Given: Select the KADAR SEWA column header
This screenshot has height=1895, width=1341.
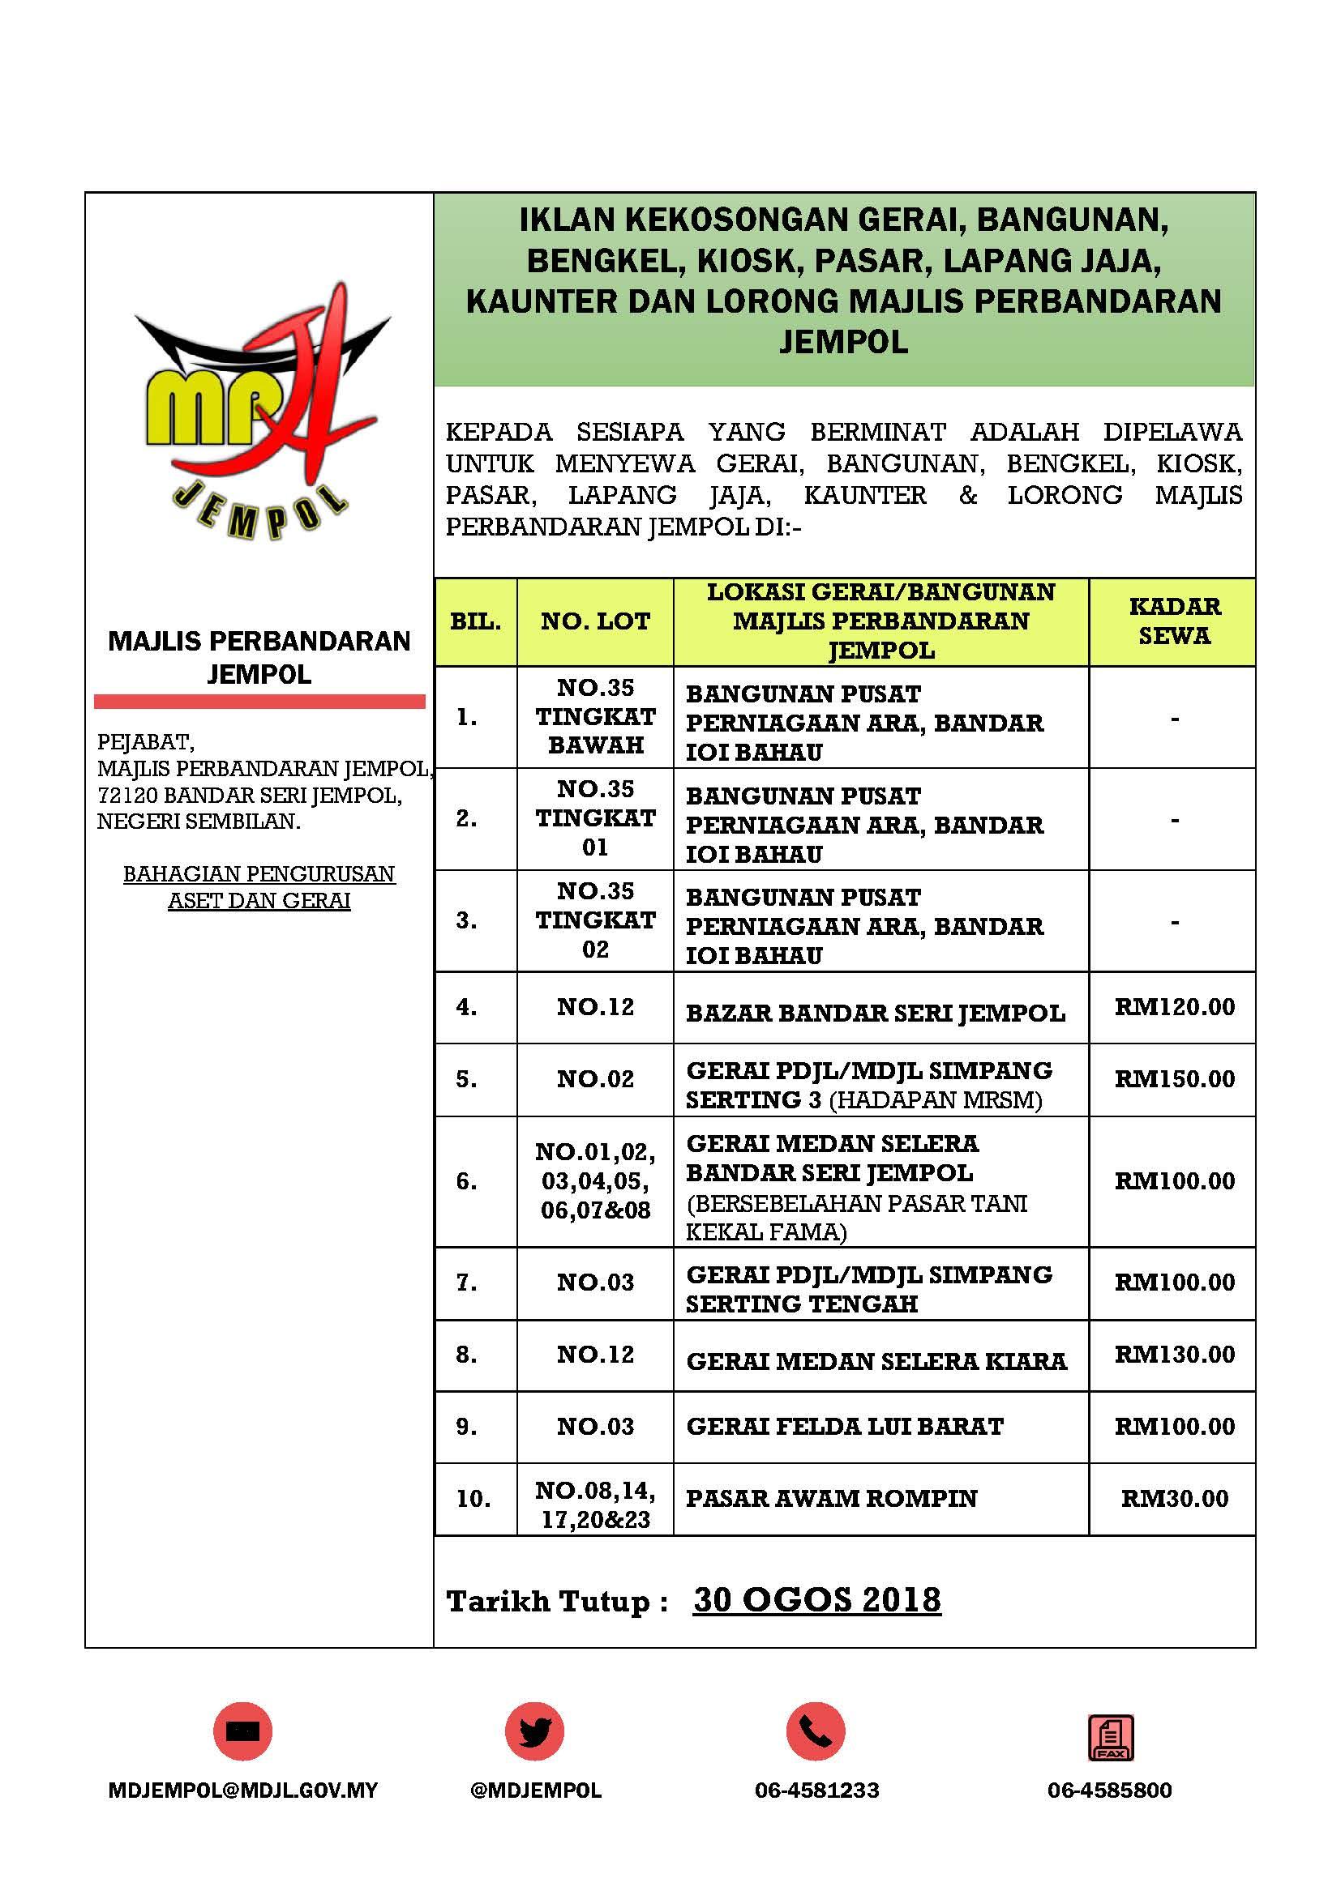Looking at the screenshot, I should tap(1173, 621).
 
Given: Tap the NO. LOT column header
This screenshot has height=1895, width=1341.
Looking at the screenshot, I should tap(594, 621).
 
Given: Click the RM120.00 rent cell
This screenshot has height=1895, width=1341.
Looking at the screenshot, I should tap(1174, 1007).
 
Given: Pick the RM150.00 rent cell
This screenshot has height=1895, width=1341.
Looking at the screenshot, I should tap(1174, 1078).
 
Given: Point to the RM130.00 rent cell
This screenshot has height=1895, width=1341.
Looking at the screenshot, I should tap(1174, 1355).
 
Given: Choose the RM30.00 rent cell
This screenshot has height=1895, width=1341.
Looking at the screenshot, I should tap(1174, 1499).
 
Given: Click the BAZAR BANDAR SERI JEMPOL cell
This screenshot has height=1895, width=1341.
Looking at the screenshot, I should tap(876, 1013).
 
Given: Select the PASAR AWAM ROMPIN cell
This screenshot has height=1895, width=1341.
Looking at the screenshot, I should tap(831, 1499).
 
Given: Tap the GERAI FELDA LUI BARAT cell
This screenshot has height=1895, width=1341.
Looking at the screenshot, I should tap(844, 1427).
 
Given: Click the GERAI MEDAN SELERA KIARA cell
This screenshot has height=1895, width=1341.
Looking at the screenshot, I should tap(876, 1361).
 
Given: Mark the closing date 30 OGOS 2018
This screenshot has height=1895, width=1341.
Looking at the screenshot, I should tap(816, 1599).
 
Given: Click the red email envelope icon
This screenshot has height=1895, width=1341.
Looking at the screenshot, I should tap(242, 1731).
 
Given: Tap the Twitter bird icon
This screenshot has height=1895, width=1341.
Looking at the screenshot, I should tap(534, 1731).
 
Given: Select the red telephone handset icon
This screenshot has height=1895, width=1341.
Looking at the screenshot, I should tap(816, 1731).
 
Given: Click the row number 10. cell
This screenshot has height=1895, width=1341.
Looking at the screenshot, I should tap(473, 1499).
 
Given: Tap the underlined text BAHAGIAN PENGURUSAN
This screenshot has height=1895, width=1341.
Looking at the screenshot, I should tap(259, 873).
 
